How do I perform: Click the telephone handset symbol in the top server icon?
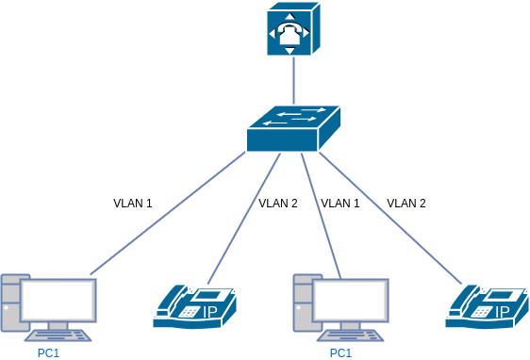click(293, 30)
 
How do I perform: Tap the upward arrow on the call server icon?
click(293, 13)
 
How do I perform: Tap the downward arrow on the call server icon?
click(293, 48)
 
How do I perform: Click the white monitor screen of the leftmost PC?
click(58, 300)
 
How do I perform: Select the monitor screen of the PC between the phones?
click(351, 300)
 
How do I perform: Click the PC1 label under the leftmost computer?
click(48, 353)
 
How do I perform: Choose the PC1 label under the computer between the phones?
click(340, 353)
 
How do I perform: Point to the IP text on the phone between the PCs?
click(210, 311)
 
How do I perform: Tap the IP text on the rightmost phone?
click(503, 311)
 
